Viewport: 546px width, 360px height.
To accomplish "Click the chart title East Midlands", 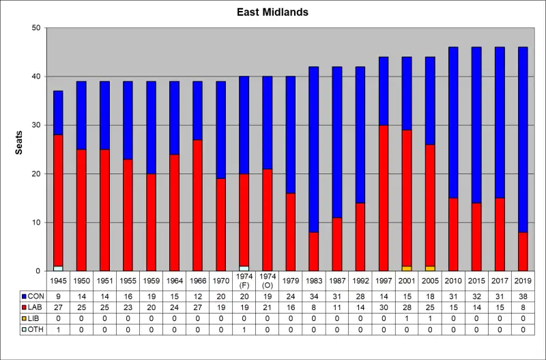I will tap(272, 12).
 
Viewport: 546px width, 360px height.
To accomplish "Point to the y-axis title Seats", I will tap(19, 149).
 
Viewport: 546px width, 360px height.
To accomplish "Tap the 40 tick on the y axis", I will tap(35, 77).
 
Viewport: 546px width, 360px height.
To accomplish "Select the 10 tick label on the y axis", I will tap(35, 223).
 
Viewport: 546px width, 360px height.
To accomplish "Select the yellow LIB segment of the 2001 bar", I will tap(407, 268).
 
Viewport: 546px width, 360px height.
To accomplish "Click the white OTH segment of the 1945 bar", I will tap(58, 268).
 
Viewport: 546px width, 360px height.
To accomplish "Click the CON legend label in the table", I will tap(33, 296).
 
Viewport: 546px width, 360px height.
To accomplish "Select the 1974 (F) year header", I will tap(244, 280).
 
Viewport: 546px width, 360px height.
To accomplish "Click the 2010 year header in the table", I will tap(453, 280).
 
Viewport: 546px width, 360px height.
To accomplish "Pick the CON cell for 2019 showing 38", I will tap(523, 296).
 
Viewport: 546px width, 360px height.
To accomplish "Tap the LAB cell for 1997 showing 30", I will tap(384, 308).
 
